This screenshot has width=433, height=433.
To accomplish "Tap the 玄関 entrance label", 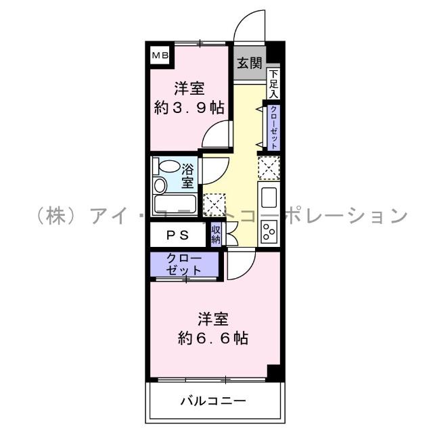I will point(249,64).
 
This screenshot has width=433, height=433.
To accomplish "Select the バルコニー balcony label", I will point(212,401).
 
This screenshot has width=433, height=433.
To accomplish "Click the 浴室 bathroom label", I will point(187,176).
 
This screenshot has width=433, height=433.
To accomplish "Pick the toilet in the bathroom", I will point(160,185).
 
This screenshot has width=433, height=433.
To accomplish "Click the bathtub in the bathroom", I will point(175,204).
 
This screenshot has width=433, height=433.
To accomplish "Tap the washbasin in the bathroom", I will point(168,166).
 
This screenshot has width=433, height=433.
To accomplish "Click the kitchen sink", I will point(268,200).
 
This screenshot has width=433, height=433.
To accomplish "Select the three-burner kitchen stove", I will point(268,231).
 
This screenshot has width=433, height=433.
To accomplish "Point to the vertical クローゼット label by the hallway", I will point(273,127).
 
